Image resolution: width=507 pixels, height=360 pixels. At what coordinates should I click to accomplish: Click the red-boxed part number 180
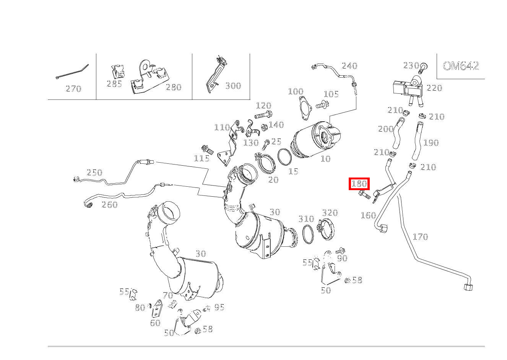click(x=359, y=184)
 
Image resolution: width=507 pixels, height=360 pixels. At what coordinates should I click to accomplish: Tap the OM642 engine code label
click(x=460, y=66)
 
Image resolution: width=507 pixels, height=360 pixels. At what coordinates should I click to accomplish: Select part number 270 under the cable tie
click(x=73, y=89)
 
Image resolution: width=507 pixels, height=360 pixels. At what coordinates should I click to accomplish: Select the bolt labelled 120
click(x=263, y=114)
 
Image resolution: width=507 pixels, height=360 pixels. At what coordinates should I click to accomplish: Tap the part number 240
click(x=349, y=66)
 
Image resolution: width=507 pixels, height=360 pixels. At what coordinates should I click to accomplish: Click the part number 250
click(x=94, y=173)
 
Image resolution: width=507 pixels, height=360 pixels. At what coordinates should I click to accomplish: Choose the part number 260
click(x=109, y=205)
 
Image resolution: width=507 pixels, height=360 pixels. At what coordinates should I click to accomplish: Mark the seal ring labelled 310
click(x=308, y=235)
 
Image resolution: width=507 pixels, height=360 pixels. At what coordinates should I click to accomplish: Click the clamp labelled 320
click(x=327, y=229)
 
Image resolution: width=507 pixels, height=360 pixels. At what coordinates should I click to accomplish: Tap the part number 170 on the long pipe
click(x=420, y=237)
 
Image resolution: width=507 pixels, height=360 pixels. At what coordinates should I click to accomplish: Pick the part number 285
click(x=114, y=84)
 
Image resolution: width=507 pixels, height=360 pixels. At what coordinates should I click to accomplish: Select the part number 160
click(x=368, y=215)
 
